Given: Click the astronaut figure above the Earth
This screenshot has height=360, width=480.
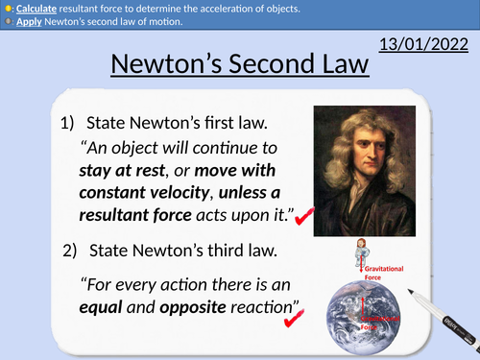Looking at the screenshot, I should tap(364, 264).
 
